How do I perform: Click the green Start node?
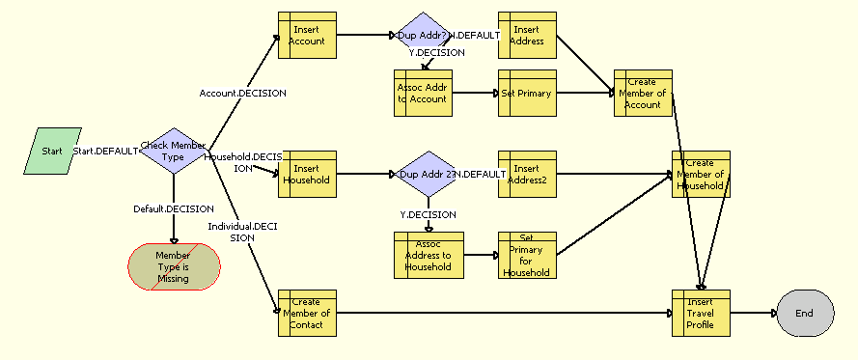click(52, 151)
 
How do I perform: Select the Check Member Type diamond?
click(175, 152)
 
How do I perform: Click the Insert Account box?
click(307, 36)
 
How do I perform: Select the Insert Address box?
click(527, 36)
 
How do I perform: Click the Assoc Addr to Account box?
click(423, 94)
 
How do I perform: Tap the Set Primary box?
click(527, 94)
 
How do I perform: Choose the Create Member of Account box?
click(643, 94)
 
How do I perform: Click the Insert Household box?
click(307, 175)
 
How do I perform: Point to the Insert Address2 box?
click(527, 175)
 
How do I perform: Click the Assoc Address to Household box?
click(429, 256)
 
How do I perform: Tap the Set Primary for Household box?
click(527, 256)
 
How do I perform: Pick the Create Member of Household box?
click(701, 175)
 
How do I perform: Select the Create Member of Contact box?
click(307, 313)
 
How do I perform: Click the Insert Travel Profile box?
click(701, 313)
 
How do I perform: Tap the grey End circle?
click(802, 313)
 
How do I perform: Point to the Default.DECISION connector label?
click(174, 208)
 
